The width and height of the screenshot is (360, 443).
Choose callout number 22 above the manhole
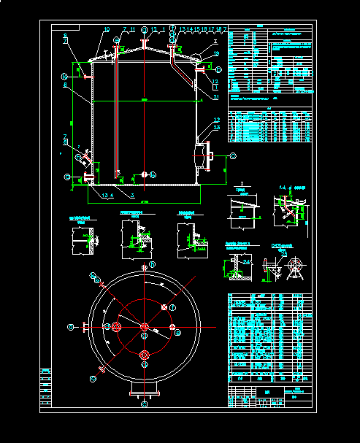217,120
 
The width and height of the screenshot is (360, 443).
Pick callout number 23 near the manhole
217,128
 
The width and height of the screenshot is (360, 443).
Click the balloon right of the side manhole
233,156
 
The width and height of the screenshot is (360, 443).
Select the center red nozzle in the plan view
145,326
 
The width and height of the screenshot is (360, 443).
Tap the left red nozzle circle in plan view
115,325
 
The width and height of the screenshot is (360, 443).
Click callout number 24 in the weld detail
246,261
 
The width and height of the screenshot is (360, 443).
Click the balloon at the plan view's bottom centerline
145,403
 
